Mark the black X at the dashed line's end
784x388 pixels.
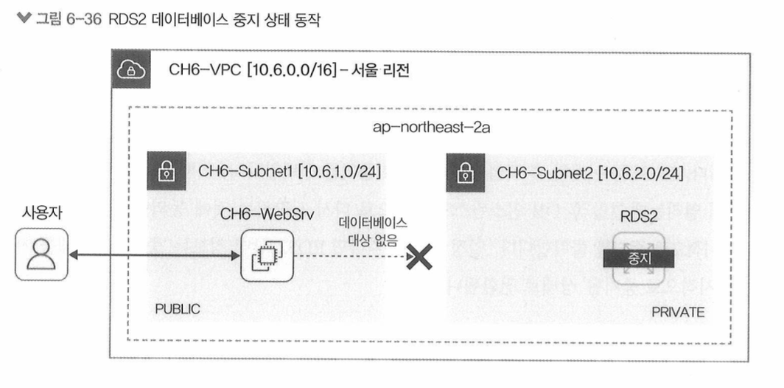tap(420, 257)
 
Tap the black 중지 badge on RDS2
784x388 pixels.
tap(637, 258)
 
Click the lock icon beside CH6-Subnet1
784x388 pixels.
tap(164, 173)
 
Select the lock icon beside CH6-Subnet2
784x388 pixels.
tap(463, 173)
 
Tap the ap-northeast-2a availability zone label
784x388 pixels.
tap(432, 127)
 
